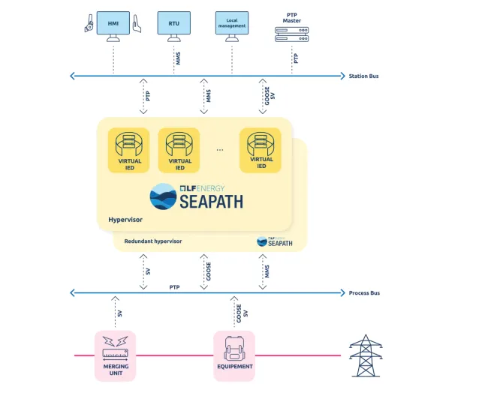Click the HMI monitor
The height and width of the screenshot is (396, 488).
pos(113,24)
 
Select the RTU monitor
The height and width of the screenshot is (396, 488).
pos(173,24)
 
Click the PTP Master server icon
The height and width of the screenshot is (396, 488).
pos(292,34)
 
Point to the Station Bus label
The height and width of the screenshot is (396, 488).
pos(365,76)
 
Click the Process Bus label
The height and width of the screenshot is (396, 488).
pos(365,292)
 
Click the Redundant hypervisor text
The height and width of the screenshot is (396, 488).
pos(153,241)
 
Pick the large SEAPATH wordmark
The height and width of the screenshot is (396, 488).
pos(210,202)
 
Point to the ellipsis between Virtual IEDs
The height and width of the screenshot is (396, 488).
pos(220,150)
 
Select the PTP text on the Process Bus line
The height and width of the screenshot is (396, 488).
pos(174,287)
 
